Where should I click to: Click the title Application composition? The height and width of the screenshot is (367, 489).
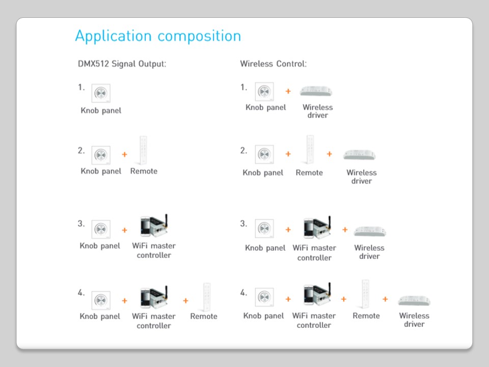click(x=158, y=36)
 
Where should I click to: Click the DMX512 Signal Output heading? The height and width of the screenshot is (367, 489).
click(x=122, y=64)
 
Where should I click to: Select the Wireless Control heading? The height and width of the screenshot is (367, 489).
click(x=273, y=64)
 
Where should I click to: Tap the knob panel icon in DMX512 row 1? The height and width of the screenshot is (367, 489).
click(x=101, y=93)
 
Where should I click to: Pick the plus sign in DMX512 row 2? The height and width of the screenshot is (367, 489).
click(x=124, y=154)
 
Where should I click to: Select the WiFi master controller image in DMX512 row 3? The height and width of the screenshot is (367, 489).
click(x=154, y=226)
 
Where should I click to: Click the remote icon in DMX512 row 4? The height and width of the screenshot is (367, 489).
click(x=207, y=296)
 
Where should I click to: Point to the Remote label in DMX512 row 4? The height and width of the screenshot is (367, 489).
click(x=204, y=317)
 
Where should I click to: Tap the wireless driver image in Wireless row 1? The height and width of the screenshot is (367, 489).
click(x=316, y=91)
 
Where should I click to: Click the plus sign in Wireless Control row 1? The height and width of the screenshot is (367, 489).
click(x=288, y=91)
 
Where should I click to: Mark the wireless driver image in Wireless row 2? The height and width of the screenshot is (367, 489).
click(x=360, y=154)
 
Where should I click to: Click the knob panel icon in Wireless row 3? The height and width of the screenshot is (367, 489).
click(x=264, y=229)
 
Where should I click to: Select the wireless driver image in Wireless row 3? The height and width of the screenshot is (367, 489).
click(x=369, y=231)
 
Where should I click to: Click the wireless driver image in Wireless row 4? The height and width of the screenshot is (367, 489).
click(x=415, y=300)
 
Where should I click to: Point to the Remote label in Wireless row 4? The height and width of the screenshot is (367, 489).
click(x=366, y=316)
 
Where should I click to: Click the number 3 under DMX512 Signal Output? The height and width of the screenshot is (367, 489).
click(x=81, y=223)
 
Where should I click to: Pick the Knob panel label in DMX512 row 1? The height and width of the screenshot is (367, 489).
click(x=101, y=111)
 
